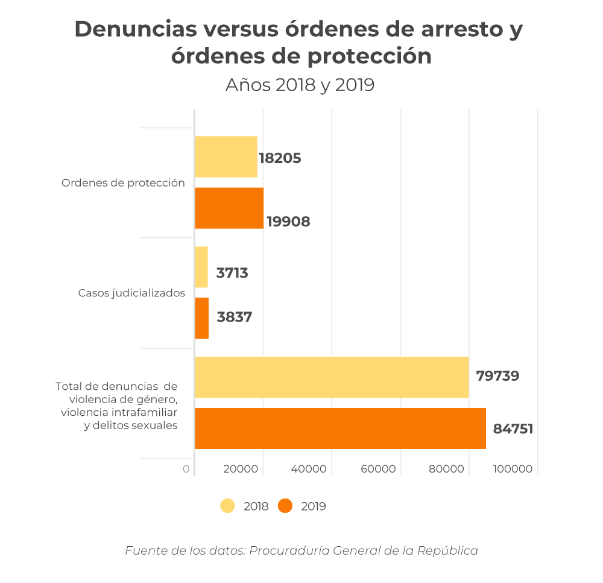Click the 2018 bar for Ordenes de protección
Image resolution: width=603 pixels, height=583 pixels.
tap(226, 157)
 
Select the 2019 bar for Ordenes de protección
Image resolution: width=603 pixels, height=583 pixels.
tap(229, 208)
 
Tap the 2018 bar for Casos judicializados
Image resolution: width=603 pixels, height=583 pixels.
tap(201, 267)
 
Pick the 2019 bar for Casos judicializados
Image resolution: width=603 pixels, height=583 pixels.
tap(201, 318)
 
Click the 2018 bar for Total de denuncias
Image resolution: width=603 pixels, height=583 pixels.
tap(332, 377)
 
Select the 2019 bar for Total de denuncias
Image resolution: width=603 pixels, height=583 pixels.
tap(340, 428)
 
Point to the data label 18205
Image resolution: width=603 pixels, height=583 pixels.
tap(280, 159)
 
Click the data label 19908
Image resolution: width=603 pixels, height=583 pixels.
tap(288, 222)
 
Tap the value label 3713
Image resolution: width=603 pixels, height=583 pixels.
tap(232, 273)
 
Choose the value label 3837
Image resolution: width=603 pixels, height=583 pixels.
tap(234, 317)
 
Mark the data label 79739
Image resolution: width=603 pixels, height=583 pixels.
tap(497, 376)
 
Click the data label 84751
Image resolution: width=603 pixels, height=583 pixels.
tap(513, 429)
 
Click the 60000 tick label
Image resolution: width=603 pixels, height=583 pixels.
tap(379, 469)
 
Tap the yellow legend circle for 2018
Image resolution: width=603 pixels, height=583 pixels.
tap(227, 506)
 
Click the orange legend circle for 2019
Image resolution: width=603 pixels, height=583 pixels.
tap(285, 506)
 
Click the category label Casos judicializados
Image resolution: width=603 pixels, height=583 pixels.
tap(131, 293)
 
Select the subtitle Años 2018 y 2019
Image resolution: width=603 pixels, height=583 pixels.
tap(300, 85)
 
